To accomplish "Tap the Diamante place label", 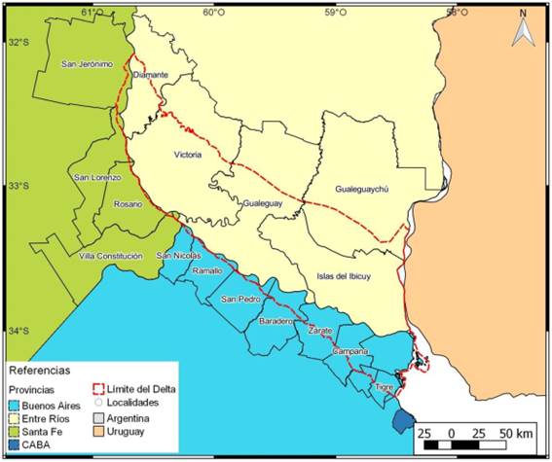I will click(150, 74).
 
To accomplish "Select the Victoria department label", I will click(190, 155).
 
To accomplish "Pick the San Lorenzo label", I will click(97, 177).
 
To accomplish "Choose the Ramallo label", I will click(207, 269).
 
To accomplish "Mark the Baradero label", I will click(277, 320).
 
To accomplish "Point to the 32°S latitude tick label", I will click(18, 43).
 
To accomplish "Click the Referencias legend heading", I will click(38, 371).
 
